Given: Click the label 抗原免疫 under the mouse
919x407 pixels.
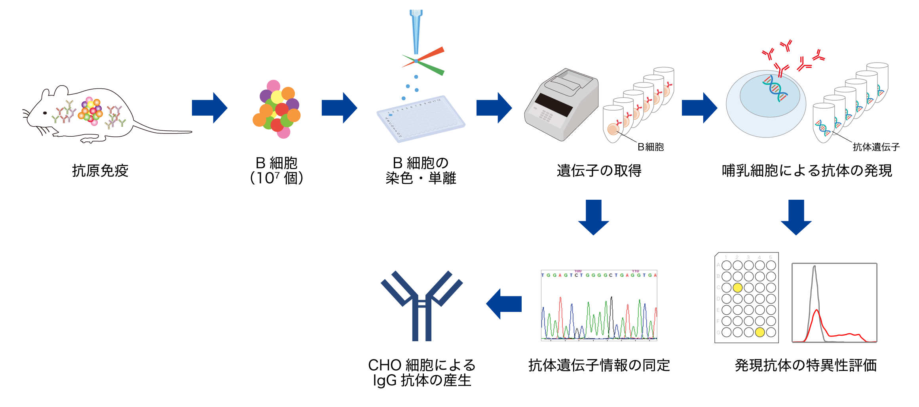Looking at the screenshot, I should pyautogui.click(x=100, y=171).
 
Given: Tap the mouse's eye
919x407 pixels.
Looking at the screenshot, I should pyautogui.click(x=45, y=113).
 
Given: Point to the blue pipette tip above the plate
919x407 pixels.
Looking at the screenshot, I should pyautogui.click(x=416, y=32).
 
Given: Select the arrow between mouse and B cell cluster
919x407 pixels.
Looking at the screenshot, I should pyautogui.click(x=209, y=108).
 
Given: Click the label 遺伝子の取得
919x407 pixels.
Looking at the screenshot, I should pyautogui.click(x=599, y=171).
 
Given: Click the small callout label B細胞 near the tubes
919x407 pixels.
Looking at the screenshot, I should pyautogui.click(x=651, y=147).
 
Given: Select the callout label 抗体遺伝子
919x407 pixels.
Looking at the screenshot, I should pyautogui.click(x=876, y=147).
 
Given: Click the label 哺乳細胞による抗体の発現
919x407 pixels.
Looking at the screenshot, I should pyautogui.click(x=807, y=171).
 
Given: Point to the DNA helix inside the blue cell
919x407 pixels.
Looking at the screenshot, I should pyautogui.click(x=775, y=89).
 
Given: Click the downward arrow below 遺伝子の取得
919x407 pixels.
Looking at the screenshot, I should pyautogui.click(x=593, y=217).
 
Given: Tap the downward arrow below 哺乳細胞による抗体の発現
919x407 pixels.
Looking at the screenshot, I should pyautogui.click(x=796, y=217).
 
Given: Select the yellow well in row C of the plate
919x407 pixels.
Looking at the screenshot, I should pyautogui.click(x=737, y=288).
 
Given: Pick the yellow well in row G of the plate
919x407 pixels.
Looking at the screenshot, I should pyautogui.click(x=760, y=332).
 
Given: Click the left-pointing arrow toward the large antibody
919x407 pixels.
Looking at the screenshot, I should pyautogui.click(x=503, y=304).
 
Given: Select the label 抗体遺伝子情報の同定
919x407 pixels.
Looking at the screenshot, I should pyautogui.click(x=599, y=365).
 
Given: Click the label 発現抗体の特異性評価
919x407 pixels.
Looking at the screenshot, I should pyautogui.click(x=806, y=365).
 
